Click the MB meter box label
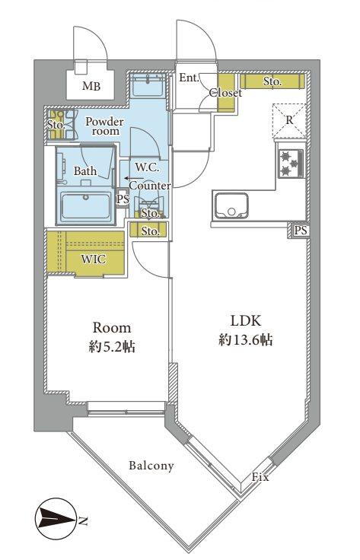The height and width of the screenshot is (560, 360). pyautogui.click(x=91, y=86)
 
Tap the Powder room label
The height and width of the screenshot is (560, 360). pyautogui.click(x=104, y=126)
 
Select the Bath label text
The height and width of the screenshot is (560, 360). pyautogui.click(x=85, y=171)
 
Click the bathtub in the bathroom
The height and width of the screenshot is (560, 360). pyautogui.click(x=86, y=205)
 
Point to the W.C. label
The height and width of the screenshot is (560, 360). pyautogui.click(x=147, y=167)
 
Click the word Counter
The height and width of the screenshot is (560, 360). pyautogui.click(x=150, y=186)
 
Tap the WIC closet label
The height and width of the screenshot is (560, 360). pyautogui.click(x=94, y=259)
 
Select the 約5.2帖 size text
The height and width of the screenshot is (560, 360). pyautogui.click(x=112, y=347)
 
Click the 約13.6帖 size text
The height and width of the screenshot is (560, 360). pyautogui.click(x=246, y=340)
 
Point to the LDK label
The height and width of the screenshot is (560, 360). pyautogui.click(x=246, y=321)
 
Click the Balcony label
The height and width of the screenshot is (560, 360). pyautogui.click(x=151, y=466)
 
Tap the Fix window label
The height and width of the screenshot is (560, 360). pyautogui.click(x=260, y=477)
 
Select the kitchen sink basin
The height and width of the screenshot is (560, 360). pyautogui.click(x=231, y=206)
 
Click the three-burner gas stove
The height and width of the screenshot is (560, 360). pyautogui.click(x=292, y=164)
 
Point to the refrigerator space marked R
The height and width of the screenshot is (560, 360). pyautogui.click(x=289, y=121)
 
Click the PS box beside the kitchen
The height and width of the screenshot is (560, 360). pyautogui.click(x=301, y=231)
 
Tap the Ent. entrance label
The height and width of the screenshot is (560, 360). pyautogui.click(x=189, y=78)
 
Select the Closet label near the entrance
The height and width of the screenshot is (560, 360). pyautogui.click(x=225, y=94)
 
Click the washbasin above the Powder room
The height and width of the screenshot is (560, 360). pyautogui.click(x=148, y=85)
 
